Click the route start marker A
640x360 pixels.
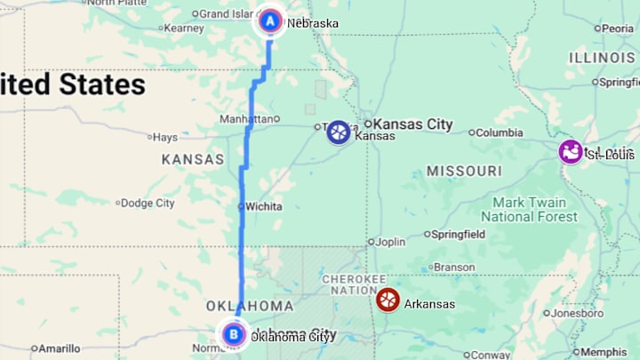[270, 20]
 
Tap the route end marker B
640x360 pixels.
[233, 334]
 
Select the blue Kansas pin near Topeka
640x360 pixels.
[338, 132]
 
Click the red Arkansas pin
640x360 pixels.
[388, 300]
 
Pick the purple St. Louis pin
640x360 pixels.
[570, 151]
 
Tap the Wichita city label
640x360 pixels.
[263, 206]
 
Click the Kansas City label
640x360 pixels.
[413, 124]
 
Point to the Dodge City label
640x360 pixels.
[148, 203]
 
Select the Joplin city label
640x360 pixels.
[390, 241]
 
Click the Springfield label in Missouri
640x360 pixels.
[458, 235]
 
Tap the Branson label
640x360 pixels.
[454, 267]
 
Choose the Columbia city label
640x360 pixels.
[499, 132]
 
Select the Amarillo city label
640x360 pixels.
[60, 348]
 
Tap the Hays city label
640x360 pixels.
[164, 137]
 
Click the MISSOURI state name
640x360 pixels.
[464, 170]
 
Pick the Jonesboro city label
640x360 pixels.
[577, 313]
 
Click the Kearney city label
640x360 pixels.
[183, 28]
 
